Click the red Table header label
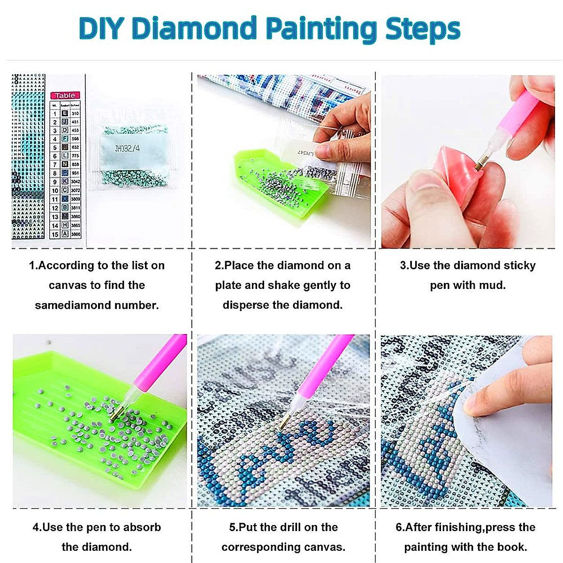(x=65, y=95)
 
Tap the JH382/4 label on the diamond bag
(x=128, y=149)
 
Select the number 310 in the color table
(x=75, y=114)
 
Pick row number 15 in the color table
(x=55, y=234)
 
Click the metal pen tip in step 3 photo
(x=479, y=165)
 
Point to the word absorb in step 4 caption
(x=141, y=527)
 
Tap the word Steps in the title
(x=422, y=29)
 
